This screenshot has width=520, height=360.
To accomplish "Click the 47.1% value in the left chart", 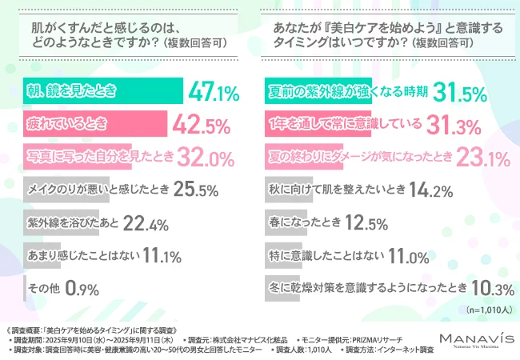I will click(x=214, y=93).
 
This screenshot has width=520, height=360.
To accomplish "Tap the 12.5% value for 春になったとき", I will click(x=366, y=223).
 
